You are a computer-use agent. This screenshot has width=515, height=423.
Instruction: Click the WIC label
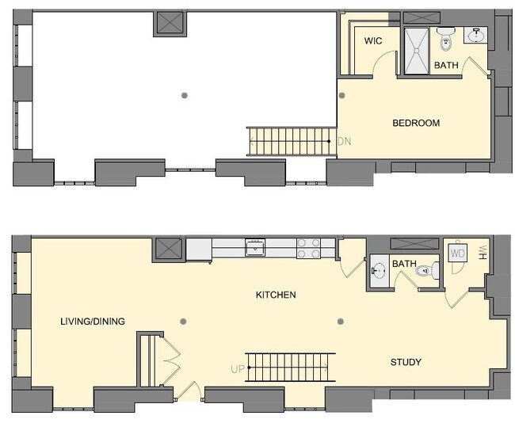pyautogui.click(x=372, y=40)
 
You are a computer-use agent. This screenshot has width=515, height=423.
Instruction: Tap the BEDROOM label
pyautogui.click(x=416, y=123)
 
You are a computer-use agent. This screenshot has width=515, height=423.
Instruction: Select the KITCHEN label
pyautogui.click(x=275, y=295)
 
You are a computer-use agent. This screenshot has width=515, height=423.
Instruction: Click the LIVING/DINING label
pyautogui.click(x=93, y=321)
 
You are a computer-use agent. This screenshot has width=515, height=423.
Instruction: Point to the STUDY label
pyautogui.click(x=406, y=362)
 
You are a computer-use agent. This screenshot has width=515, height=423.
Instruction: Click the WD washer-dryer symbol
pyautogui.click(x=458, y=253)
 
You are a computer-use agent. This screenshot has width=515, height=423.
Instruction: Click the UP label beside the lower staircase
pyautogui.click(x=237, y=369)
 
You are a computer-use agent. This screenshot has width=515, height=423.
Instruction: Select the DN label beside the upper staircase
pyautogui.click(x=344, y=142)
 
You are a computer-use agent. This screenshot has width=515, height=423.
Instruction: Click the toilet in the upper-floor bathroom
pyautogui.click(x=445, y=36)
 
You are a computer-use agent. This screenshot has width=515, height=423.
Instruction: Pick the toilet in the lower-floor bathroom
pyautogui.click(x=431, y=271)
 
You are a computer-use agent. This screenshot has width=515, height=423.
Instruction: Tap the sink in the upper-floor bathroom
pyautogui.click(x=477, y=36)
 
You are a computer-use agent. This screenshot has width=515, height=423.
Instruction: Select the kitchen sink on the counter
pyautogui.click(x=255, y=247)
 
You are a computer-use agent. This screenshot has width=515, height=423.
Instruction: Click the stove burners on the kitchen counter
pyautogui.click(x=308, y=248)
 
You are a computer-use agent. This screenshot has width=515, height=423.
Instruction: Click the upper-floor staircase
pyautogui.click(x=290, y=142)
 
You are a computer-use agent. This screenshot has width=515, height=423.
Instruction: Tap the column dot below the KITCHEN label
pyautogui.click(x=341, y=321)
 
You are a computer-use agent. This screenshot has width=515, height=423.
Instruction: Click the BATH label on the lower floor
pyautogui.click(x=404, y=264)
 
